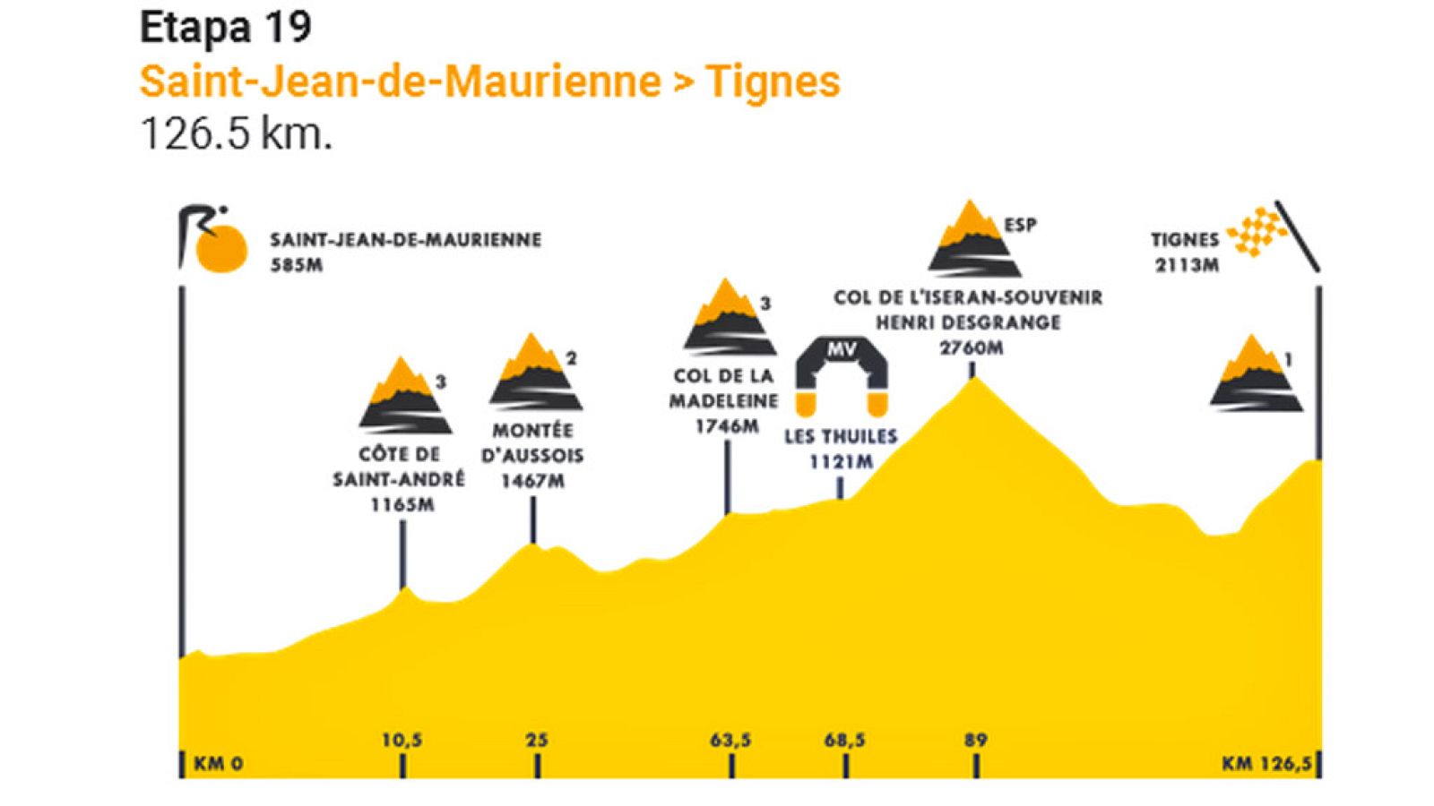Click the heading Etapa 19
click(x=226, y=29)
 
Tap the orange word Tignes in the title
click(x=773, y=81)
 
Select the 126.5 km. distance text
click(x=236, y=133)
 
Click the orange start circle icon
click(x=221, y=248)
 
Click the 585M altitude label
click(x=297, y=265)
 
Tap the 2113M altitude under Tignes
click(x=1187, y=265)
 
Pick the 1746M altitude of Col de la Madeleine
click(x=727, y=426)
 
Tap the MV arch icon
click(x=842, y=375)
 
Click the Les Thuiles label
click(x=840, y=437)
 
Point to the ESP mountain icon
click(x=973, y=239)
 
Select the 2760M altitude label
click(x=971, y=347)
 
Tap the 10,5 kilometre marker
click(x=402, y=741)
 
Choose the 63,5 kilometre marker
click(x=730, y=741)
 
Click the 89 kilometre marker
click(x=975, y=741)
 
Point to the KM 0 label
click(x=218, y=764)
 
